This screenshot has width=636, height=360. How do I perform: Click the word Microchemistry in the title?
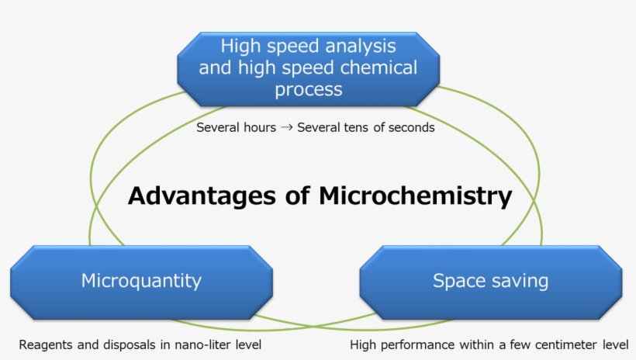(x=416, y=196)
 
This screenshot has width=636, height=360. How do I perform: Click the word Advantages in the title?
(x=202, y=196)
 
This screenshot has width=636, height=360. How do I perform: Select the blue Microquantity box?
(x=141, y=281)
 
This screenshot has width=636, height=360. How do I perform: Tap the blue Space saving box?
(x=490, y=281)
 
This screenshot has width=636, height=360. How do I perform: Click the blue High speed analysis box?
(x=308, y=68)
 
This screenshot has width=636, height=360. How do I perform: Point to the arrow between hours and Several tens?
(x=286, y=127)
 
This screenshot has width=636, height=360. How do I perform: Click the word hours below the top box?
(x=258, y=127)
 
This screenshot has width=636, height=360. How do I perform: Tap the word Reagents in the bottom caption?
(x=47, y=344)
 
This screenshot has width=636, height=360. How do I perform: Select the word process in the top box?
(x=308, y=89)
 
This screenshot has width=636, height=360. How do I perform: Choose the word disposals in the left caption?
(x=130, y=344)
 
